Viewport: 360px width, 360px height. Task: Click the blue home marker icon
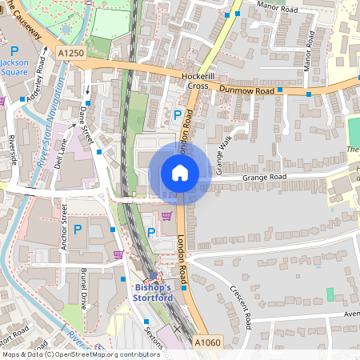point(180,173)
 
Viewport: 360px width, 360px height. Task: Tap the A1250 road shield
point(70,53)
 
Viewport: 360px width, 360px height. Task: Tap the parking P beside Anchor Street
point(78,230)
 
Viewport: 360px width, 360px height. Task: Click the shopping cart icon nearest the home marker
point(166,215)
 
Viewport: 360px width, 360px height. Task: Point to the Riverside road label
point(13,149)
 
